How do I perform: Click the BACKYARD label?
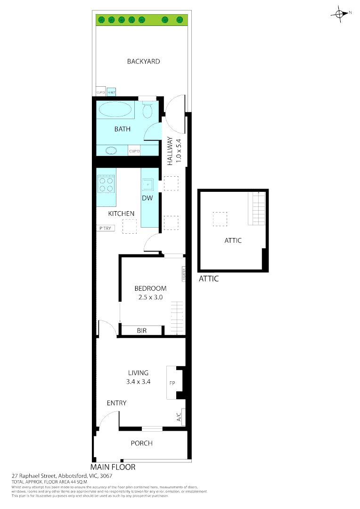tap(143, 61)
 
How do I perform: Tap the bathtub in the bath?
tap(116, 110)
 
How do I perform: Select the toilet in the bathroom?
tap(147, 111)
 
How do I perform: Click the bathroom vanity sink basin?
tap(112, 151)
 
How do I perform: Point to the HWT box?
tap(111, 92)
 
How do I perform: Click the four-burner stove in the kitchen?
tap(106, 184)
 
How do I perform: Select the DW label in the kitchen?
tap(147, 198)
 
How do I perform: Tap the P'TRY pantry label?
tap(105, 229)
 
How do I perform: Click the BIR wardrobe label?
tap(142, 331)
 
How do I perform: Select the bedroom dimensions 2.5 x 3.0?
tap(150, 297)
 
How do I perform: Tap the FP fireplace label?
tap(172, 383)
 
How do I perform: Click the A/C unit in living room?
tap(179, 417)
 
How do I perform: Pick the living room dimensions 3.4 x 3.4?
tap(138, 382)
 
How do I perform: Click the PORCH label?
tap(141, 443)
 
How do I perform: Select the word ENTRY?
tap(116, 403)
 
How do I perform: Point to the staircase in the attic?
tap(258, 208)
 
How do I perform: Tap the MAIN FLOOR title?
tap(113, 467)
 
